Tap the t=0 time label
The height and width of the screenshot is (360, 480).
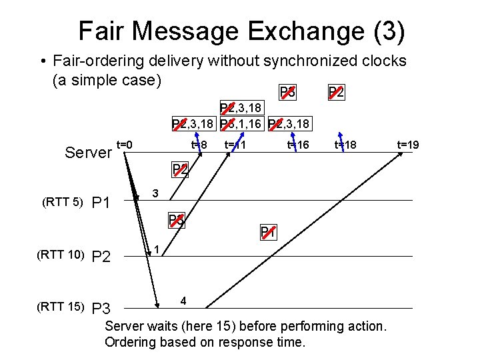pos(125,144)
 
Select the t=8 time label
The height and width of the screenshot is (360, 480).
pos(199,144)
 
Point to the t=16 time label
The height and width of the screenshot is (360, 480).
pos(298,144)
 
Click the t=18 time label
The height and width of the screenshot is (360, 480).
pos(345,144)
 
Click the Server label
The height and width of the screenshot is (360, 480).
pos(88,153)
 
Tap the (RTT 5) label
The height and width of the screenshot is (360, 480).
pos(61,202)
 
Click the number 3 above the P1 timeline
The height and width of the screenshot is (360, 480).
pos(155,193)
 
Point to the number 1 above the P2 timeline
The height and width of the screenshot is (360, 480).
pos(156,249)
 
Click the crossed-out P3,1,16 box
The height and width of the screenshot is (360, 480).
pos(241,123)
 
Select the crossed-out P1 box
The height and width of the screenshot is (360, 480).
pos(268,232)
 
